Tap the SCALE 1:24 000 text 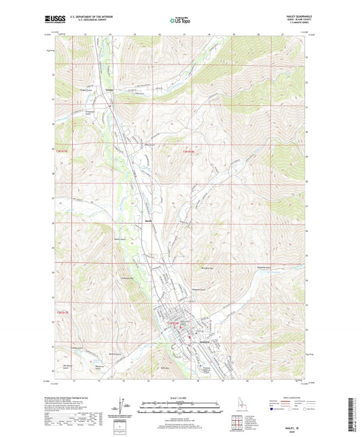coord(181,398)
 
